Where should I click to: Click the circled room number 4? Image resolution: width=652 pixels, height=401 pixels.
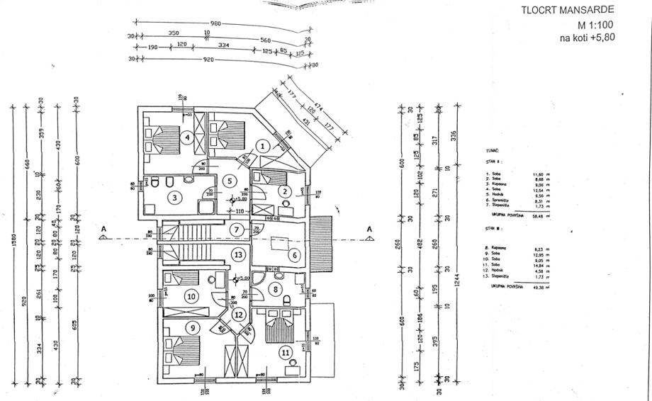coord(186,137)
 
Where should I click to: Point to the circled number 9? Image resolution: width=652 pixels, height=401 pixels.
coord(191,328)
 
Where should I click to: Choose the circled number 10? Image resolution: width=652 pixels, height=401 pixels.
coord(191,296)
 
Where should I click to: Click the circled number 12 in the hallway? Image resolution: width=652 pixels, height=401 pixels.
coord(239,315)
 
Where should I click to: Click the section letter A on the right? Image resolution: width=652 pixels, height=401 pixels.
coord(369,228)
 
